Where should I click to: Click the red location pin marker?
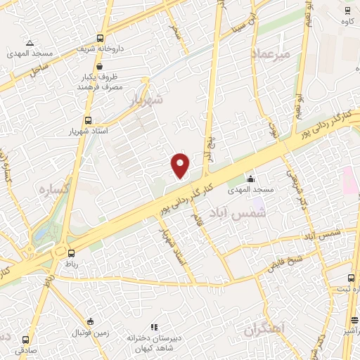coord(181,165)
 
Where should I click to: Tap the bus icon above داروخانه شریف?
coord(101,39)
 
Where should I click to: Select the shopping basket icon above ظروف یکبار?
coord(102,66)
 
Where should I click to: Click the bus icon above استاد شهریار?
coord(88,121)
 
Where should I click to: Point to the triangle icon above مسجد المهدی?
coord(30,44)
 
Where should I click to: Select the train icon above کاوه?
coord(347,10)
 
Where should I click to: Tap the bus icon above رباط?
coord(71,252)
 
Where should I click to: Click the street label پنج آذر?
coord(207,147)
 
